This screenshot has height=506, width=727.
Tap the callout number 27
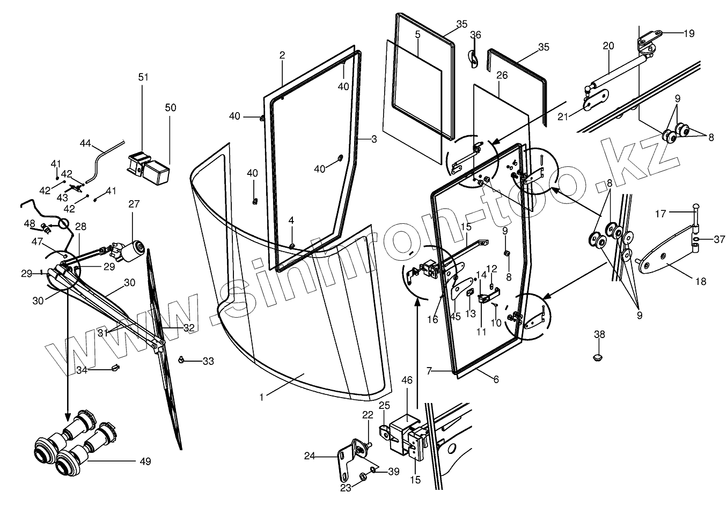click(134, 204)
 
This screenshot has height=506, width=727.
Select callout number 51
click(143, 77)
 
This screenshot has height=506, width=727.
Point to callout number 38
click(599, 334)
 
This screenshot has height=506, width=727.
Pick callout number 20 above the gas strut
click(608, 46)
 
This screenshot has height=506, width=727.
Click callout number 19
click(688, 33)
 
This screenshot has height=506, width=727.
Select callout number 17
click(660, 214)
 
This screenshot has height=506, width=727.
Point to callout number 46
click(407, 380)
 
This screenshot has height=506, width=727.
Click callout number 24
click(309, 457)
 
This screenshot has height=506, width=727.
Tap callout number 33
click(208, 362)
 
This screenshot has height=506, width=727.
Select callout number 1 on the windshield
click(261, 397)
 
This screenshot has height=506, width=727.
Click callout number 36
click(475, 35)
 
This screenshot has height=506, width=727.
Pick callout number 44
click(86, 143)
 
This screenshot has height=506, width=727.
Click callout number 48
click(30, 223)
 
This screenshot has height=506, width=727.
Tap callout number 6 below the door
click(496, 379)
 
